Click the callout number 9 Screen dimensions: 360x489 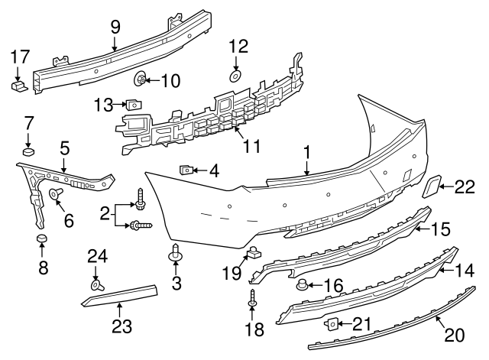pos(115,27)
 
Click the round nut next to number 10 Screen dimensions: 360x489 pos(142,79)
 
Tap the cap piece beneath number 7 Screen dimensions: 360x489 pos(29,151)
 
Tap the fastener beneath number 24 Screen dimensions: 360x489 pos(97,285)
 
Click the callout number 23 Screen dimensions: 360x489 pos(120,327)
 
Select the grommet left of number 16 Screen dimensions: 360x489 pos(303,287)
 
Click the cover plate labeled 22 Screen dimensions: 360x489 pos(432,186)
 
